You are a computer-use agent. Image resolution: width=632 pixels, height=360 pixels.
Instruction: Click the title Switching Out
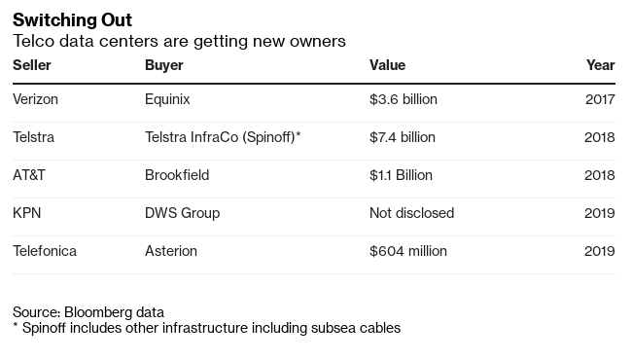72,20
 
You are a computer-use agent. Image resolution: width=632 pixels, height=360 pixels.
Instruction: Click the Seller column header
32,65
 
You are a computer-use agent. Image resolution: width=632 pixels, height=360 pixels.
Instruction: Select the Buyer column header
164,65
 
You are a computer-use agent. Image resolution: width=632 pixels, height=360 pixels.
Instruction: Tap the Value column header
387,65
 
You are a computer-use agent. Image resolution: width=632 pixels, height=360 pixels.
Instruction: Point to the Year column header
601,65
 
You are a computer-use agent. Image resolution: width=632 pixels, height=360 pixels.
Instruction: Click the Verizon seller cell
35,99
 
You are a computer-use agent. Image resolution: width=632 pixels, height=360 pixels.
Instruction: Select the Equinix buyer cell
167,99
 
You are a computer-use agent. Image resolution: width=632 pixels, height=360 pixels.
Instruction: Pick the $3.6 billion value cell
404,99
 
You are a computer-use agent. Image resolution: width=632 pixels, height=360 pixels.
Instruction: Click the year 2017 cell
600,99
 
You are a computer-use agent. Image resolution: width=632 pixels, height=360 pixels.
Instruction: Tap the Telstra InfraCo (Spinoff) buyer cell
223,137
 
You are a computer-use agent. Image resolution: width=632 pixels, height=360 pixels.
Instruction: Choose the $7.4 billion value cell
403,137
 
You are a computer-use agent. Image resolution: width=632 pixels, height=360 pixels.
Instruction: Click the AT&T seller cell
29,175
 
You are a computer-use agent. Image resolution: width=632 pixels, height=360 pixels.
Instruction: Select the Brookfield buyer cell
177,175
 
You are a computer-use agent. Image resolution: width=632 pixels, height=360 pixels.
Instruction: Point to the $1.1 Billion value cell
401,175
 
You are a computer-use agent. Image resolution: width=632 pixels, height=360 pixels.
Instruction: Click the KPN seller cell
27,213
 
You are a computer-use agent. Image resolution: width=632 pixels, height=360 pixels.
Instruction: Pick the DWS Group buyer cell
182,213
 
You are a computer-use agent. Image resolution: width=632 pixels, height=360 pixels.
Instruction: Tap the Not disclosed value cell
411,213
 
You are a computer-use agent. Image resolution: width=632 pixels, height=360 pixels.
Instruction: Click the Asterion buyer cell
171,251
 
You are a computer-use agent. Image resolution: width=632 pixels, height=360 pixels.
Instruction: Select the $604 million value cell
408,251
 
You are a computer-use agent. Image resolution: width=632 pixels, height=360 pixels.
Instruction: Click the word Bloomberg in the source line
98,312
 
